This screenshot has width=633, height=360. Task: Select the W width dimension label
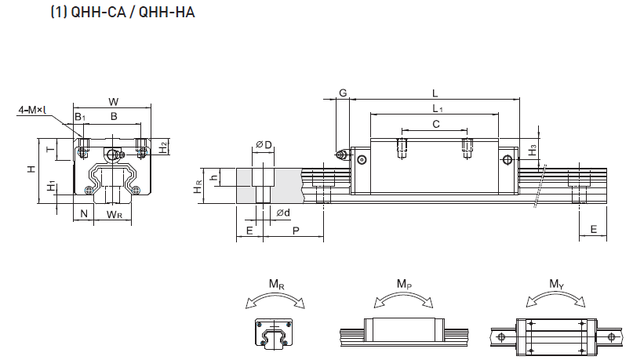click(x=114, y=101)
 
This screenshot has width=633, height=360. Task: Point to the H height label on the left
click(x=30, y=169)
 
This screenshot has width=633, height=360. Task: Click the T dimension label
click(x=49, y=149)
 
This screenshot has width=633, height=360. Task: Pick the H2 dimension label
click(x=163, y=146)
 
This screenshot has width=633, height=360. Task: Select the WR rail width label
click(x=114, y=214)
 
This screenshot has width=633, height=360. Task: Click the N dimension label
click(x=82, y=214)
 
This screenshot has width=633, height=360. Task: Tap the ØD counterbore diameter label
click(x=264, y=145)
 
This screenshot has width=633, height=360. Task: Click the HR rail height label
click(x=199, y=187)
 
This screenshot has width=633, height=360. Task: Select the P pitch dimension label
click(x=295, y=231)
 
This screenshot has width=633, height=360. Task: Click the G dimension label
click(x=343, y=93)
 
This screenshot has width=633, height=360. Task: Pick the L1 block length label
click(x=436, y=108)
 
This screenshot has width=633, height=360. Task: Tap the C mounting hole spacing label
click(x=435, y=124)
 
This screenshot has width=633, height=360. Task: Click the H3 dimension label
click(x=533, y=148)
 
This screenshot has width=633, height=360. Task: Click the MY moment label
click(x=556, y=285)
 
